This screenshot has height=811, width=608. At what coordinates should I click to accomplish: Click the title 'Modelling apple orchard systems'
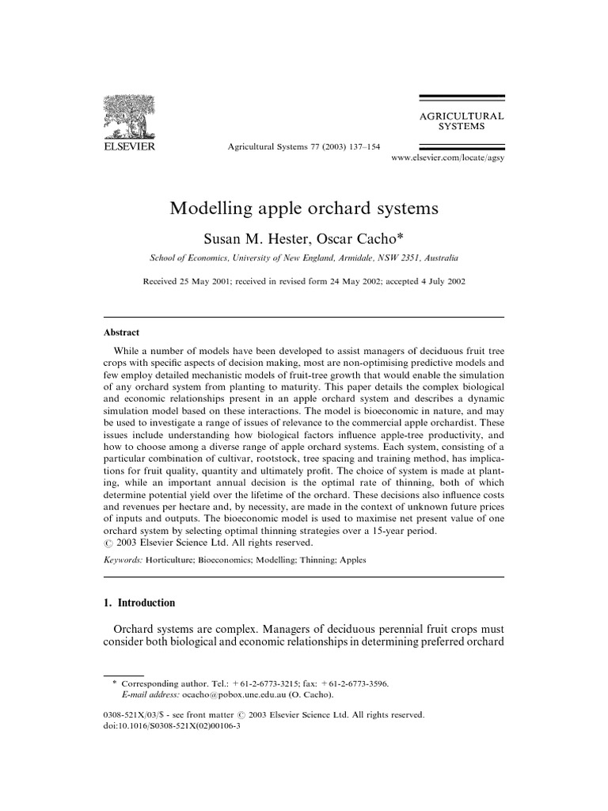[304, 209]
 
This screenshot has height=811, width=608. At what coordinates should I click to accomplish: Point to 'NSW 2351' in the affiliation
[389, 258]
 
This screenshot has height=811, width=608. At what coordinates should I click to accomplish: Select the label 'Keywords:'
[123, 559]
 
